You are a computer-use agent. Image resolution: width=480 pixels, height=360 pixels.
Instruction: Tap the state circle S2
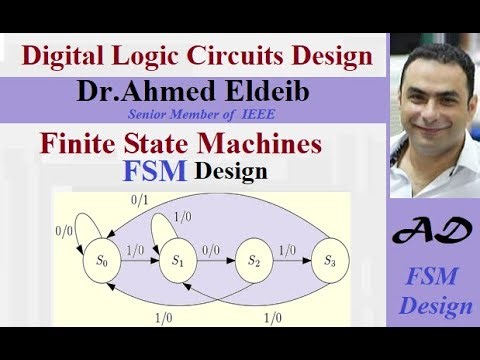point(256,261)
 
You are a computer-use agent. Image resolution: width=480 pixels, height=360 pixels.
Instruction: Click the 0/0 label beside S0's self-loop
point(66,230)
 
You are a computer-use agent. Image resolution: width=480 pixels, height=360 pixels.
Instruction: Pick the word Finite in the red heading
point(77,144)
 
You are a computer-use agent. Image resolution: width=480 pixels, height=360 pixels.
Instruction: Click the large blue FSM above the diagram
point(156,171)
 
